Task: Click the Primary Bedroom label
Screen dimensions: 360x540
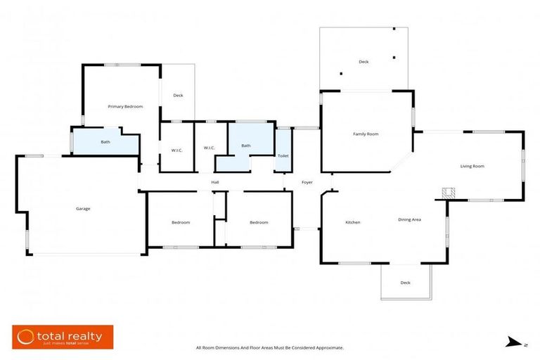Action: (125, 106)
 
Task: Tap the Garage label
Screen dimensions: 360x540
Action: (83, 208)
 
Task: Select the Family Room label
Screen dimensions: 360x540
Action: (366, 134)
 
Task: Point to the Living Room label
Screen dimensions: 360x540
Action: (472, 166)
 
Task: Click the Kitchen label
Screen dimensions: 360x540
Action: (352, 222)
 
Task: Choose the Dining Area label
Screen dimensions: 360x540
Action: (409, 219)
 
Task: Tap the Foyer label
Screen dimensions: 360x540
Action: (307, 182)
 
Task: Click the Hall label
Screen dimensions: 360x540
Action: (216, 182)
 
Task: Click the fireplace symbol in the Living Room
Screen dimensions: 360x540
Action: (448, 192)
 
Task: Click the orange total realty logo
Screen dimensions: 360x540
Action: (62, 337)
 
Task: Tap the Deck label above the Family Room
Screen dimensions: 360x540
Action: (364, 62)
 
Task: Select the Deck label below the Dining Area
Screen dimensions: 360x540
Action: (405, 283)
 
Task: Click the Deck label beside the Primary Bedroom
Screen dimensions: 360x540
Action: (178, 95)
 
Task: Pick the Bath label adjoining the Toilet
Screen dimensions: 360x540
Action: (246, 146)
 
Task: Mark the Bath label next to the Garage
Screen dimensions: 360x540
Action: (105, 142)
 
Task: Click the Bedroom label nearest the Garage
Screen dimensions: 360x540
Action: (181, 222)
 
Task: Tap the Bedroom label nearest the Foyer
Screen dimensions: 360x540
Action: (259, 222)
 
